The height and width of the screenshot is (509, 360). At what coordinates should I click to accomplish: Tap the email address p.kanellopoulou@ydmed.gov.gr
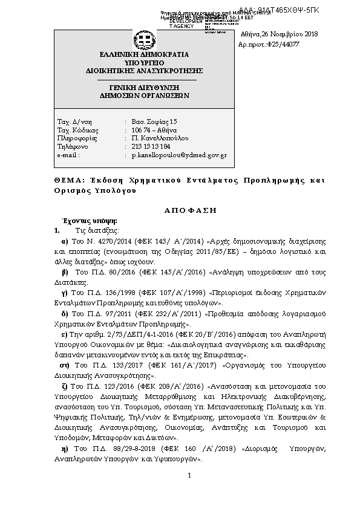(x=178, y=155)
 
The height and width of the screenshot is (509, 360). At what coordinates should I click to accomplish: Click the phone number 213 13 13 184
(x=151, y=147)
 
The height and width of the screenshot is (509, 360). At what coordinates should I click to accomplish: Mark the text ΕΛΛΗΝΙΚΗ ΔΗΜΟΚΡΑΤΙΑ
(x=144, y=54)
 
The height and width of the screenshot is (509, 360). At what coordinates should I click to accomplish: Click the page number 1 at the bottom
(x=189, y=476)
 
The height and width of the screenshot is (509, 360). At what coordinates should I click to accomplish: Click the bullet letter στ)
(x=63, y=365)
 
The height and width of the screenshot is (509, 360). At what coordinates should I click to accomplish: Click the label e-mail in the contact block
(x=68, y=155)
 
